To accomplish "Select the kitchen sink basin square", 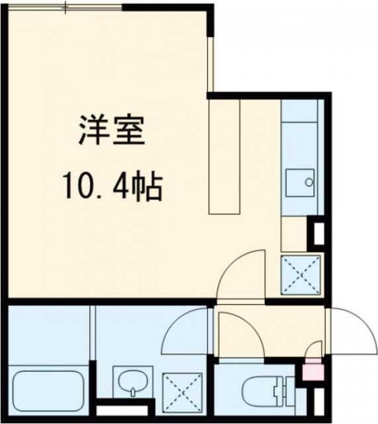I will click(300, 181).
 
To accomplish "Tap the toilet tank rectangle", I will click(287, 392).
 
